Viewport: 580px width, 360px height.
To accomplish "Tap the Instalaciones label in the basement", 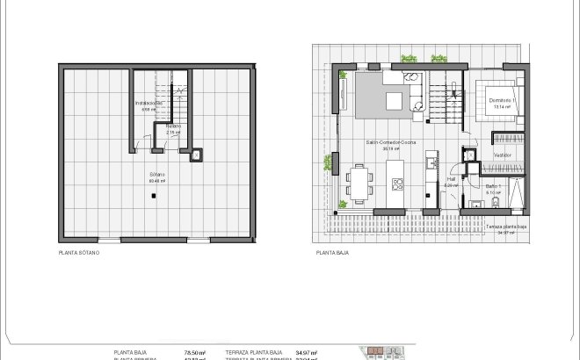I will click(x=149, y=104).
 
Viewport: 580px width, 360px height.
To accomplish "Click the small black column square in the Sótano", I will click(x=152, y=196).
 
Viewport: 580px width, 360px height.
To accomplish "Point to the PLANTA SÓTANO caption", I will click(x=79, y=252).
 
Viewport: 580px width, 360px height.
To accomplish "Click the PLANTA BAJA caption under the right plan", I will click(x=333, y=252).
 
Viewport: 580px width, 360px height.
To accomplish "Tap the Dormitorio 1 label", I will click(x=503, y=101).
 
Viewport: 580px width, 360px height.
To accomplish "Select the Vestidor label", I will click(x=503, y=155).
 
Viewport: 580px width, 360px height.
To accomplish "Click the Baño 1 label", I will click(x=493, y=186).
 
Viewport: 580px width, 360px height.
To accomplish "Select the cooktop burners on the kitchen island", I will click(x=396, y=184).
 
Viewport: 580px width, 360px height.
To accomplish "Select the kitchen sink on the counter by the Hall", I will click(x=431, y=162).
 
